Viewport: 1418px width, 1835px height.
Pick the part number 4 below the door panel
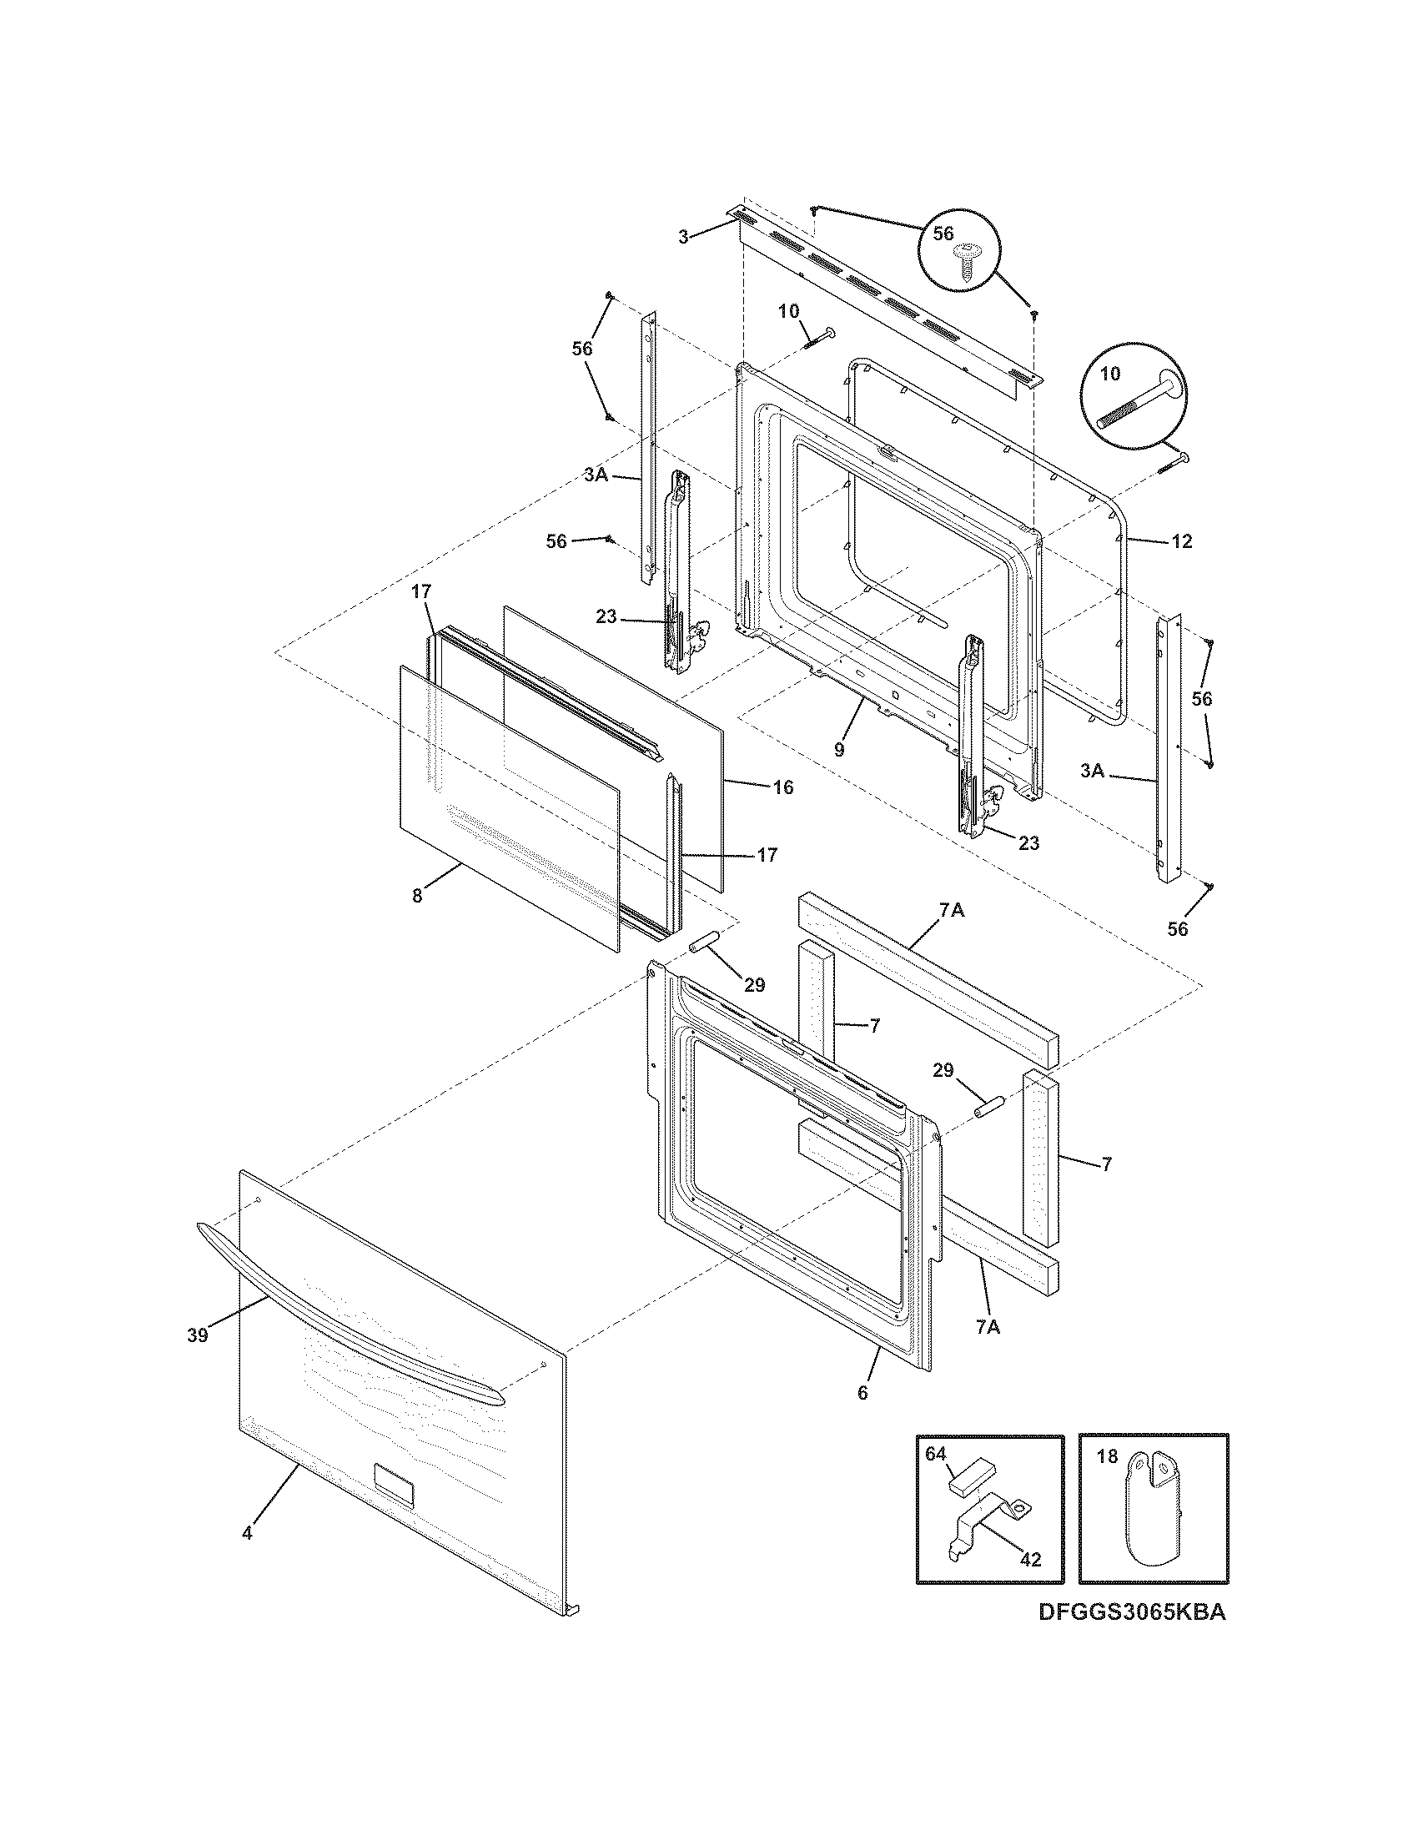[246, 1556]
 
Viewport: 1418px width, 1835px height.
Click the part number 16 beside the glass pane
[783, 787]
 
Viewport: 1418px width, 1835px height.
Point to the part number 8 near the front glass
[418, 895]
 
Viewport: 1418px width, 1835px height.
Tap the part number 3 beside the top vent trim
[684, 237]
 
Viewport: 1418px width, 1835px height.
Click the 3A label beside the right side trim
[1092, 771]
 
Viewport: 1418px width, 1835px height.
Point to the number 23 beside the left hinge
[606, 616]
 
